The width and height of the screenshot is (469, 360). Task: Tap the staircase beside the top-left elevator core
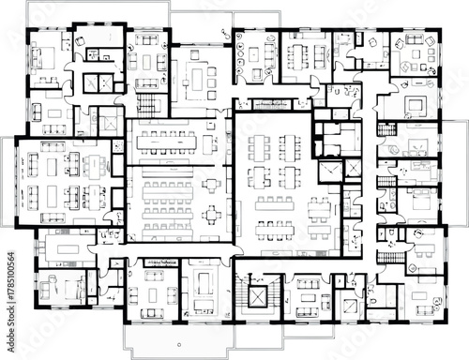coord(148,102)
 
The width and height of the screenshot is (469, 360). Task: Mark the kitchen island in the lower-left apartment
coord(63,246)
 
